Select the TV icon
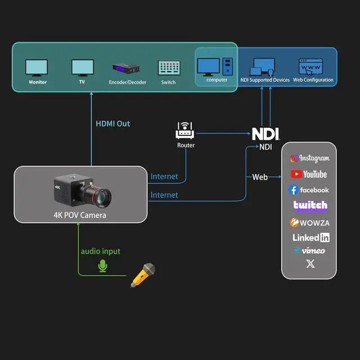[x=82, y=68]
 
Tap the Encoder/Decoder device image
[x=127, y=69]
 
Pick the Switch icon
[x=168, y=69]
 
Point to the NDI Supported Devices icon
[x=263, y=67]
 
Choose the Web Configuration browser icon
[x=313, y=67]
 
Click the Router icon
[x=186, y=130]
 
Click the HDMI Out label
[x=112, y=123]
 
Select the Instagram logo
[x=309, y=159]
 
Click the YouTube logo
[x=309, y=174]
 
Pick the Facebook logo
[x=309, y=190]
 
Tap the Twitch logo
[x=310, y=206]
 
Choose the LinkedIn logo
[x=310, y=237]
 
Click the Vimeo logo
[x=309, y=251]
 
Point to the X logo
[x=310, y=264]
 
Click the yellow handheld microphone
[x=142, y=275]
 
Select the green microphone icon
[x=102, y=265]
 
